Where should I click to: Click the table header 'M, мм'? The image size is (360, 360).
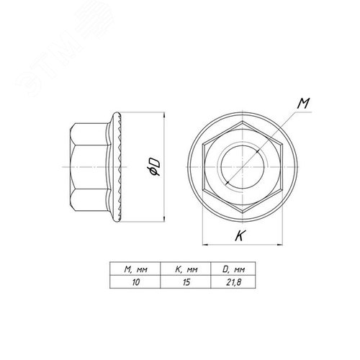pyautogui.click(x=135, y=269)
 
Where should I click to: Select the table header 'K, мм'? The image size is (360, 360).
pyautogui.click(x=186, y=269)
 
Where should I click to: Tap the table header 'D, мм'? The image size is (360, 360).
pyautogui.click(x=233, y=269)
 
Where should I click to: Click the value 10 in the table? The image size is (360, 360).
pyautogui.click(x=135, y=282)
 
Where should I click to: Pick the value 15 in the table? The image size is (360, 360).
pyautogui.click(x=186, y=282)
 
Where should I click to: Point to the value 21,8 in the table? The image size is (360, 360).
pyautogui.click(x=233, y=282)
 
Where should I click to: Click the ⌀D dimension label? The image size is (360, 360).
pyautogui.click(x=153, y=167)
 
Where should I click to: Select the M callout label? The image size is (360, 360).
pyautogui.click(x=303, y=103)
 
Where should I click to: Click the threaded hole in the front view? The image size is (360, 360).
pyautogui.click(x=243, y=167)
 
